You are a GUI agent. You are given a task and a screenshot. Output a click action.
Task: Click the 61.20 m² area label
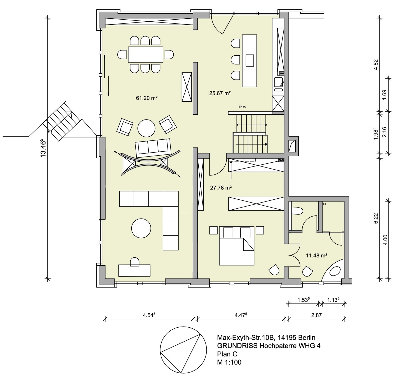point(146,98)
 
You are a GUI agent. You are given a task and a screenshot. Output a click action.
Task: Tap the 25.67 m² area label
point(220,93)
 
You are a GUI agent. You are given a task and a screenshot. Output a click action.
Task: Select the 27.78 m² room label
point(221,188)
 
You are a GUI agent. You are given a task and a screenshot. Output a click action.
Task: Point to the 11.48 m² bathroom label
point(316,255)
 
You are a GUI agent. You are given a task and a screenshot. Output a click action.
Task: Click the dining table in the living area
point(145,54)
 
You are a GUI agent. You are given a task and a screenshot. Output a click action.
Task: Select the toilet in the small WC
point(297,211)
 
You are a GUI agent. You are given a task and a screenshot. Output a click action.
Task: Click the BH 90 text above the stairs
point(242,107)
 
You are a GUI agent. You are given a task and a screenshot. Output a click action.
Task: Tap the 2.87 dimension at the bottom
point(316,315)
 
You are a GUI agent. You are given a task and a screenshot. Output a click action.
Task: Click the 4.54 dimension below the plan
point(149,315)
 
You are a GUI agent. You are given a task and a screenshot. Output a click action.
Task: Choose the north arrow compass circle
point(183,353)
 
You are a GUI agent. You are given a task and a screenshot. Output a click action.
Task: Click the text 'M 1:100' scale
point(229,362)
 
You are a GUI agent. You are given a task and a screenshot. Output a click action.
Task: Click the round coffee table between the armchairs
point(146,128)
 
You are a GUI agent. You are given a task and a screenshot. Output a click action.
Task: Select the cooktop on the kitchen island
point(250,60)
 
